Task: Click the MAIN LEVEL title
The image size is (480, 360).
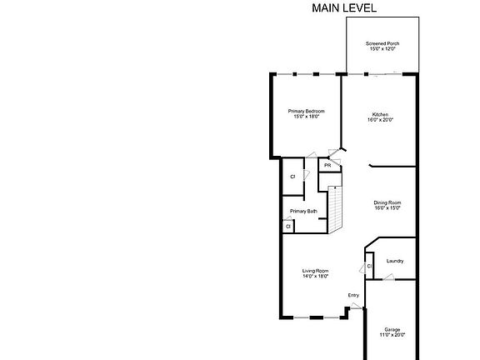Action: point(344,7)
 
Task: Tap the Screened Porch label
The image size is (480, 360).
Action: point(382,43)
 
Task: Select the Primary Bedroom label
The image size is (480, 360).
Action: point(306,111)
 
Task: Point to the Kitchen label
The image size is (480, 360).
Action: point(380,114)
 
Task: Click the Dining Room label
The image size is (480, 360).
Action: point(387,202)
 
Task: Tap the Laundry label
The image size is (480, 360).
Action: point(395,261)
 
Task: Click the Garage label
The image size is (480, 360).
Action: point(392,329)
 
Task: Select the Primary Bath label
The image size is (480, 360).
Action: point(303,211)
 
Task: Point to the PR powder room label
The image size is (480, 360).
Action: point(327,166)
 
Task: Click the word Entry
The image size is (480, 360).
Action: point(353,295)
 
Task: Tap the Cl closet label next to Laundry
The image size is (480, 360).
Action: point(369,267)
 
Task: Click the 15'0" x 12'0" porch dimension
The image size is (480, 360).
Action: point(382,49)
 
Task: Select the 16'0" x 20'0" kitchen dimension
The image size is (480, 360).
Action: point(380,120)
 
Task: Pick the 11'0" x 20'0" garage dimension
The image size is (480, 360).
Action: point(392,335)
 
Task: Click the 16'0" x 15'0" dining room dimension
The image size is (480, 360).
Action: point(387,208)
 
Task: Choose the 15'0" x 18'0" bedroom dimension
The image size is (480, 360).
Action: point(306,117)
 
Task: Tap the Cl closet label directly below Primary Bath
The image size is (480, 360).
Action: point(287,226)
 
